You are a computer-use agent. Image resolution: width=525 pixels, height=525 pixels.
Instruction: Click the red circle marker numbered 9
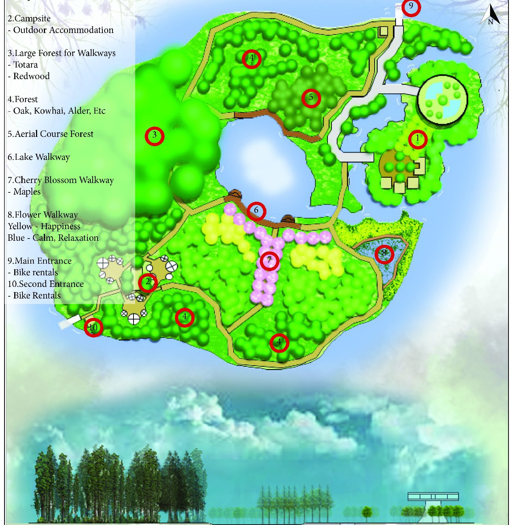(411, 7)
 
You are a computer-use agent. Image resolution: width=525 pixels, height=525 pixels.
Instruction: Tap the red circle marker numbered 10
(93, 327)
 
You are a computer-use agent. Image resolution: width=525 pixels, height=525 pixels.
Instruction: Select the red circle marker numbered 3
(154, 136)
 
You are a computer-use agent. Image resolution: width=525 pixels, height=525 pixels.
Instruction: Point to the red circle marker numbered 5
(311, 98)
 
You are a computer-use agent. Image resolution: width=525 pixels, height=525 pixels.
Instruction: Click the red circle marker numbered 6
(256, 211)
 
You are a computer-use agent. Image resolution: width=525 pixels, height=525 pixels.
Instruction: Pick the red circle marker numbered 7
(269, 261)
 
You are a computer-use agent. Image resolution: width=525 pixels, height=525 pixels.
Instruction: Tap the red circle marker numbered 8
(384, 254)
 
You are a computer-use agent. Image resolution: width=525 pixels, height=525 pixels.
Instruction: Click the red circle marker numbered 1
(417, 139)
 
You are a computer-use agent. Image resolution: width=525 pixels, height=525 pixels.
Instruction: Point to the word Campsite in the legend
(32, 19)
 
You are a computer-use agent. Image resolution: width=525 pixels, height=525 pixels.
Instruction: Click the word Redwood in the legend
(31, 76)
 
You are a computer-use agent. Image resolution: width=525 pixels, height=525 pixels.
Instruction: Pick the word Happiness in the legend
(60, 226)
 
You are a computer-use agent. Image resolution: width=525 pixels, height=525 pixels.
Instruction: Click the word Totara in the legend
(25, 65)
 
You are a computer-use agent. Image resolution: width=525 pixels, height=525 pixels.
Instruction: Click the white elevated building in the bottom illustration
(433, 497)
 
